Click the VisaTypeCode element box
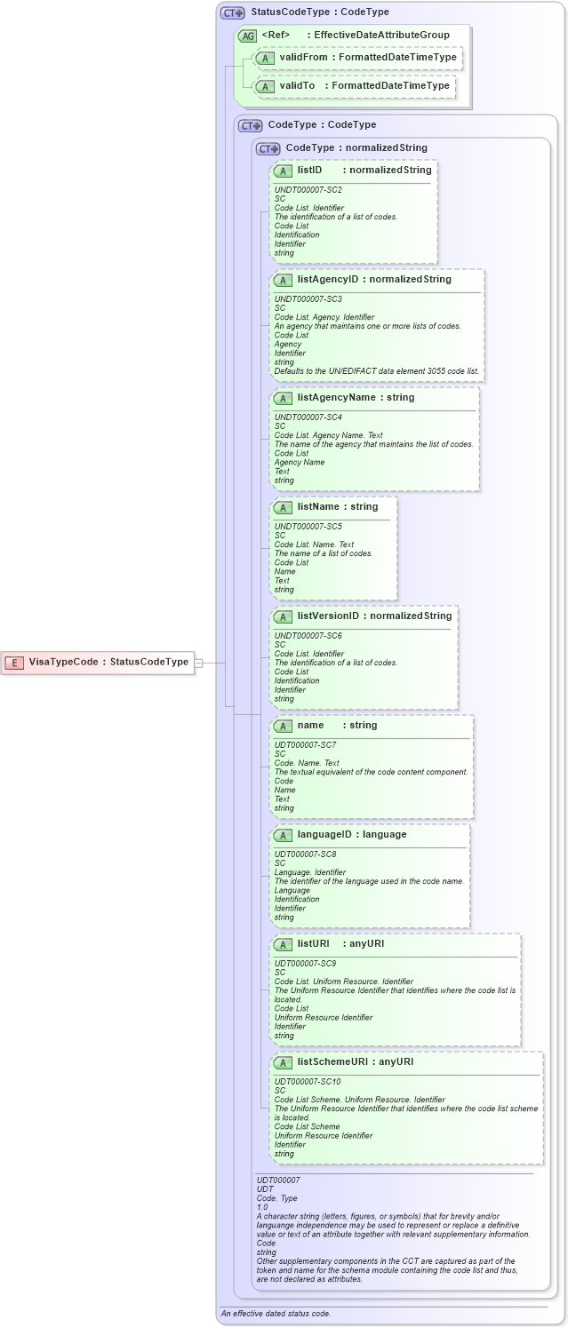98,662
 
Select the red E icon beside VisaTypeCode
15,662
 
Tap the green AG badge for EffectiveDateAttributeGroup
247,36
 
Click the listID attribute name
309,171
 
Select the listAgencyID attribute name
327,280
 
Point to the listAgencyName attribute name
337,398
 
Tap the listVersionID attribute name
328,616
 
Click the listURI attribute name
313,943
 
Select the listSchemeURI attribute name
332,1061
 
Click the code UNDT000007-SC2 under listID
308,190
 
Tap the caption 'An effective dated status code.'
275,1313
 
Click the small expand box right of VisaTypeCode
198,663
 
